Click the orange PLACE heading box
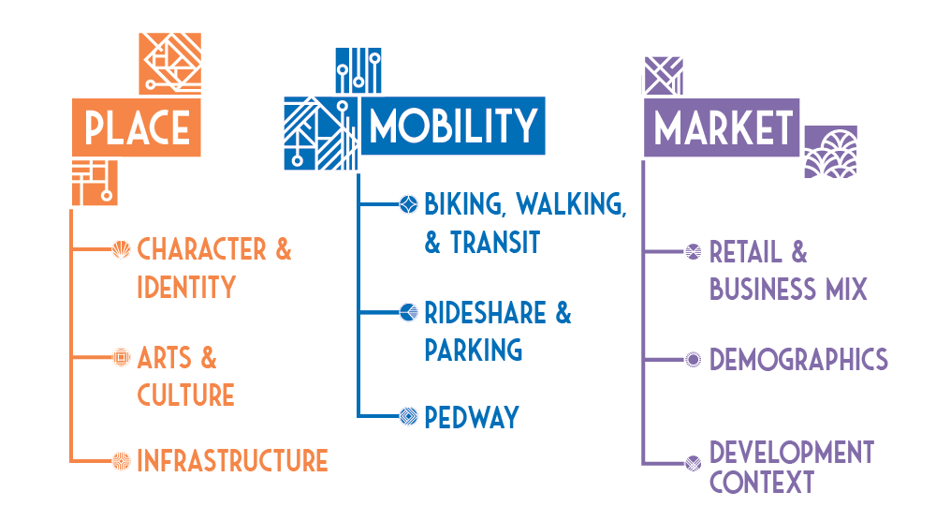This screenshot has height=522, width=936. pyautogui.click(x=137, y=127)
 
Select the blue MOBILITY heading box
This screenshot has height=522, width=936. pyautogui.click(x=454, y=126)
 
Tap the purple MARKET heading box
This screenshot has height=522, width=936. pyautogui.click(x=722, y=127)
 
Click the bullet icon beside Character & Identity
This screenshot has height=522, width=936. pyautogui.click(x=120, y=249)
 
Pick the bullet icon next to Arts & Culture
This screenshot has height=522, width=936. pyautogui.click(x=120, y=357)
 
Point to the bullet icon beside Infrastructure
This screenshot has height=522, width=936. pyautogui.click(x=120, y=460)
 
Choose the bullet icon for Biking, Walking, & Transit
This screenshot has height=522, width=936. pyautogui.click(x=407, y=203)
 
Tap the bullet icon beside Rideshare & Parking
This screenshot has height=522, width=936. pyautogui.click(x=407, y=312)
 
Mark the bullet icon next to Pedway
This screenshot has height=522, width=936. pyautogui.click(x=407, y=416)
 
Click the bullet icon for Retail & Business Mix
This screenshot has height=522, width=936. pyautogui.click(x=693, y=251)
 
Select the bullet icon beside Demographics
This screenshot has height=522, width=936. pyautogui.click(x=693, y=359)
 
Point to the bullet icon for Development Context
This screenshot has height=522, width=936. pyautogui.click(x=693, y=462)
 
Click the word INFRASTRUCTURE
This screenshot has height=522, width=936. pyautogui.click(x=232, y=461)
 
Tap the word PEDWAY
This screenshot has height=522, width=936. pyautogui.click(x=471, y=417)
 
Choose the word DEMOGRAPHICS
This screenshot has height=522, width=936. pyautogui.click(x=798, y=359)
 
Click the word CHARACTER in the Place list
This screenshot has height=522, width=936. pyautogui.click(x=201, y=249)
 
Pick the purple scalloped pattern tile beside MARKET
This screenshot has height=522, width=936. pyautogui.click(x=830, y=152)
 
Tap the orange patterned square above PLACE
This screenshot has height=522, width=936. pyautogui.click(x=169, y=62)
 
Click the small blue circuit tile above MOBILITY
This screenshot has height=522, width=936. pyautogui.click(x=358, y=68)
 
